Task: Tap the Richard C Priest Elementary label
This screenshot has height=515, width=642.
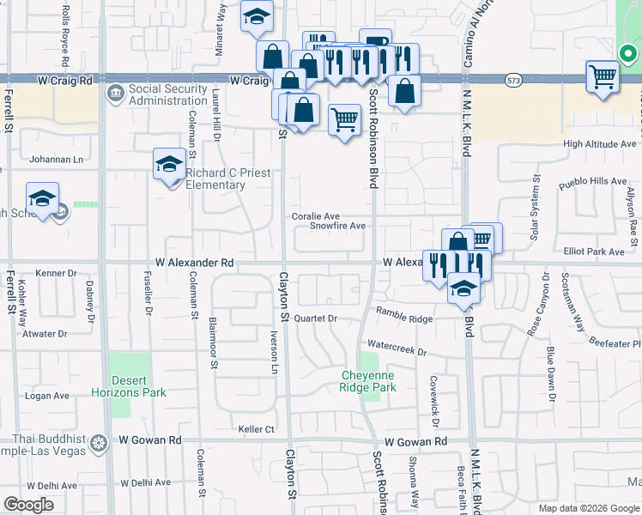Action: pyautogui.click(x=227, y=179)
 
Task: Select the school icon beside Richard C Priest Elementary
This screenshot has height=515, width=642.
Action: pyautogui.click(x=169, y=163)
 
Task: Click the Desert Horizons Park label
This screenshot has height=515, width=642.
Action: pyautogui.click(x=137, y=386)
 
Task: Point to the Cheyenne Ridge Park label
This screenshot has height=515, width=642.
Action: pyautogui.click(x=368, y=381)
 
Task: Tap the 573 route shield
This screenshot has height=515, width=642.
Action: pyautogui.click(x=513, y=80)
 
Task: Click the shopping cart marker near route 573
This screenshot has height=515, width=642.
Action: pyautogui.click(x=603, y=76)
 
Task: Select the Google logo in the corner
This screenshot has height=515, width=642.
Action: pyautogui.click(x=29, y=505)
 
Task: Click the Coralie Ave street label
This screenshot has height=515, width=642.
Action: pyautogui.click(x=315, y=216)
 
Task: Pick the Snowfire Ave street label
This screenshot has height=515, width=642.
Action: pyautogui.click(x=338, y=226)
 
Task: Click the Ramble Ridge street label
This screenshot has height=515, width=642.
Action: pyautogui.click(x=403, y=318)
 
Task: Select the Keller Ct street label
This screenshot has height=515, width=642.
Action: pyautogui.click(x=256, y=428)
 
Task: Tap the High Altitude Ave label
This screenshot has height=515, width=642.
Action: pyautogui.click(x=599, y=144)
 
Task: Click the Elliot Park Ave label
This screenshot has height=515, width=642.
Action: pyautogui.click(x=598, y=251)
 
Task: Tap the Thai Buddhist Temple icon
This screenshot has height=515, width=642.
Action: pyautogui.click(x=100, y=443)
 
